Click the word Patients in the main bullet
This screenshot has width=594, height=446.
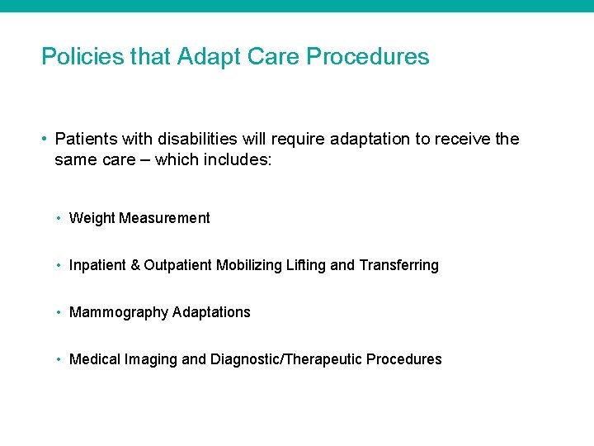click(x=86, y=139)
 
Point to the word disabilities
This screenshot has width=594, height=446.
click(x=197, y=139)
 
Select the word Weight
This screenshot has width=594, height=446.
click(x=92, y=218)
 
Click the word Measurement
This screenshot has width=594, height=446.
click(x=165, y=218)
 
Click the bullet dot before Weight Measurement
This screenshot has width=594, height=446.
click(x=60, y=218)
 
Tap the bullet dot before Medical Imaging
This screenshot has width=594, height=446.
click(x=60, y=359)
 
